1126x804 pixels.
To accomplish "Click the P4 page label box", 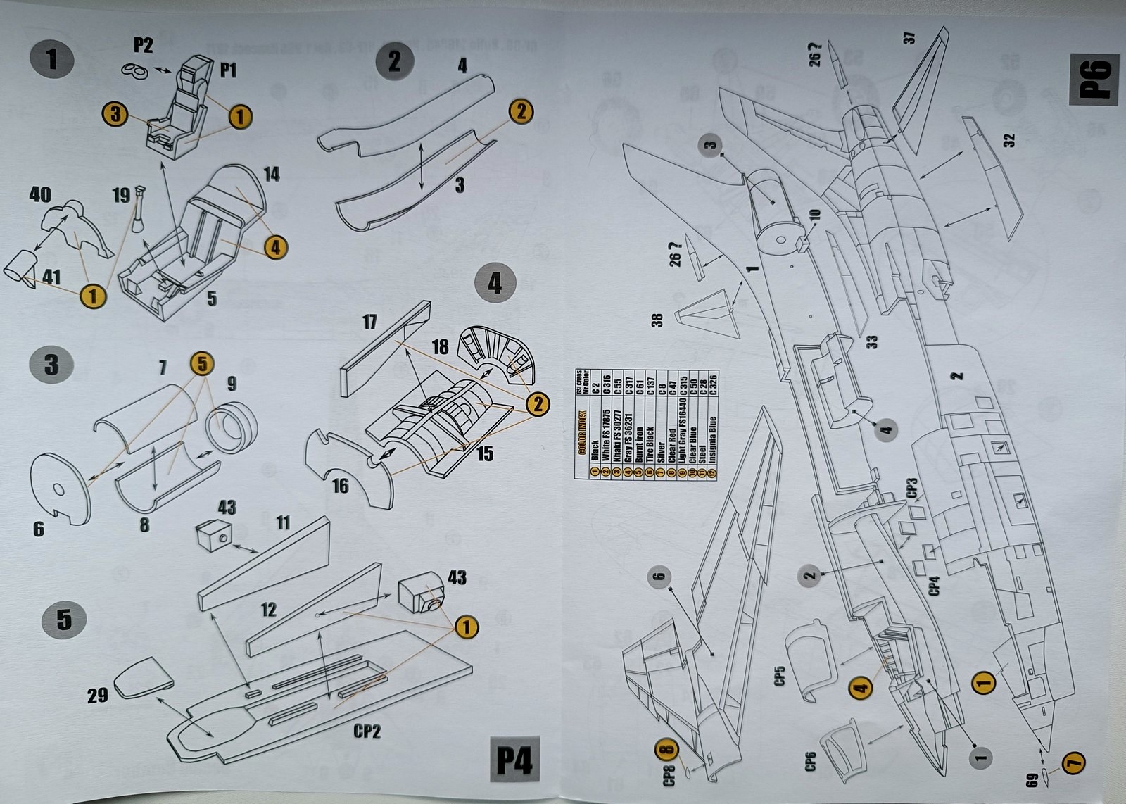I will [x=514, y=760].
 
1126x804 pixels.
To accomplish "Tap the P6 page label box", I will [x=1094, y=79].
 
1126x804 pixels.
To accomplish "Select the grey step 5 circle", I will [x=64, y=620].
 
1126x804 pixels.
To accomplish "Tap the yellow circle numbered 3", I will [x=116, y=114].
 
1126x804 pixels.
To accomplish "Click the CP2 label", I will [x=367, y=731].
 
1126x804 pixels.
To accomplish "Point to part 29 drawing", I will [x=143, y=677].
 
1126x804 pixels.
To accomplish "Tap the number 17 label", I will [x=369, y=322].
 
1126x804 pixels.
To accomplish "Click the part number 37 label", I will [x=909, y=38].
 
